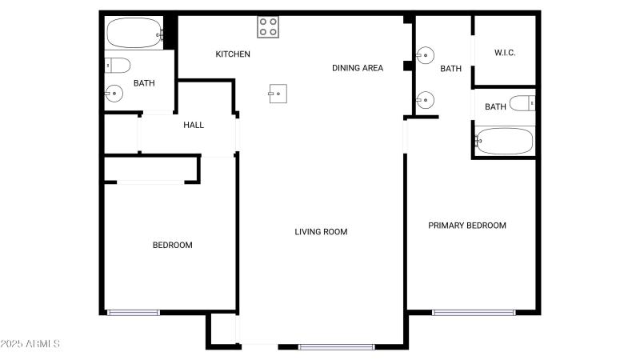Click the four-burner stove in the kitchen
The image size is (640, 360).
(268, 27)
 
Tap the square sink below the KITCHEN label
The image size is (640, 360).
(277, 94)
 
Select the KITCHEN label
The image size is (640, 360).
(233, 54)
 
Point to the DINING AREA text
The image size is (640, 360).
(358, 68)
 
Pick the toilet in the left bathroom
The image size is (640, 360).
(117, 65)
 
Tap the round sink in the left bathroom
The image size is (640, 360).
(114, 94)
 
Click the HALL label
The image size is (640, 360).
(194, 125)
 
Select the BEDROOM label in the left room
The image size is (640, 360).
(172, 245)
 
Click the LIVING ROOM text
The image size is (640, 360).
(321, 232)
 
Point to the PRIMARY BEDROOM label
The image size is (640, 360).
(467, 226)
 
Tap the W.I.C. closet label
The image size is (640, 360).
(504, 53)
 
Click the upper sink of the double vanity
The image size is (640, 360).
(426, 56)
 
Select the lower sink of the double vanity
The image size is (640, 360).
(426, 100)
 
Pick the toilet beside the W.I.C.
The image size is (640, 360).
(522, 103)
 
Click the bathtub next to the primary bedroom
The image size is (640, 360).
(503, 141)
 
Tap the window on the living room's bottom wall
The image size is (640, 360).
(336, 346)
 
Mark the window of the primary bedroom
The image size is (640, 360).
(474, 312)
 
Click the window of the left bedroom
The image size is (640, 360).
(134, 312)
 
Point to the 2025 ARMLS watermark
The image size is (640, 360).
(30, 344)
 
